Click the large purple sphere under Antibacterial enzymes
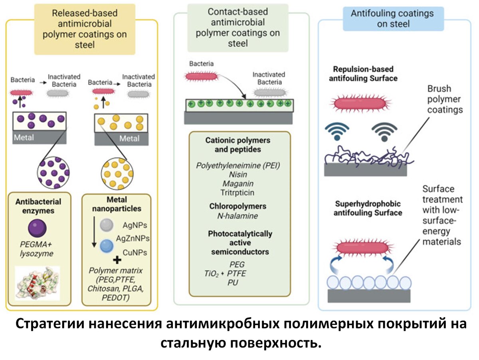[x=37, y=229]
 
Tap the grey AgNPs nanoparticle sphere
[x=106, y=225]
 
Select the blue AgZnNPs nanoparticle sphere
[x=106, y=245]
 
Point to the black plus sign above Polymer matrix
[x=117, y=261]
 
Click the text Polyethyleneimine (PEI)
[x=239, y=165]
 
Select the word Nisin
[x=239, y=175]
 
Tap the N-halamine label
[x=239, y=216]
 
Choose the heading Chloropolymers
[x=239, y=207]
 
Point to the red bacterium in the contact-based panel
[x=200, y=76]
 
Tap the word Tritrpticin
[x=239, y=193]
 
